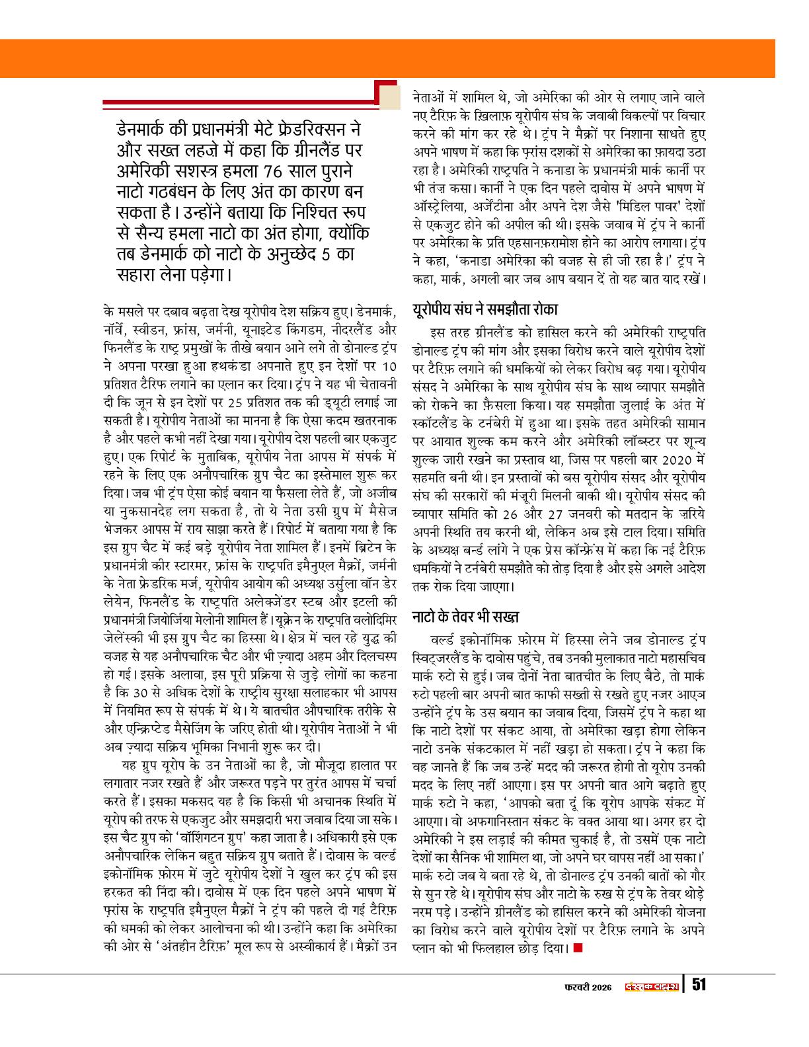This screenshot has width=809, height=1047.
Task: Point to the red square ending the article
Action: (578, 949)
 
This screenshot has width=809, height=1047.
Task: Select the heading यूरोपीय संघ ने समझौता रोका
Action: (484, 309)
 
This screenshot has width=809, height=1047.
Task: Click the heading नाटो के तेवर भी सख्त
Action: (465, 617)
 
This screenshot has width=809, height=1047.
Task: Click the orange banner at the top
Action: (404, 58)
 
